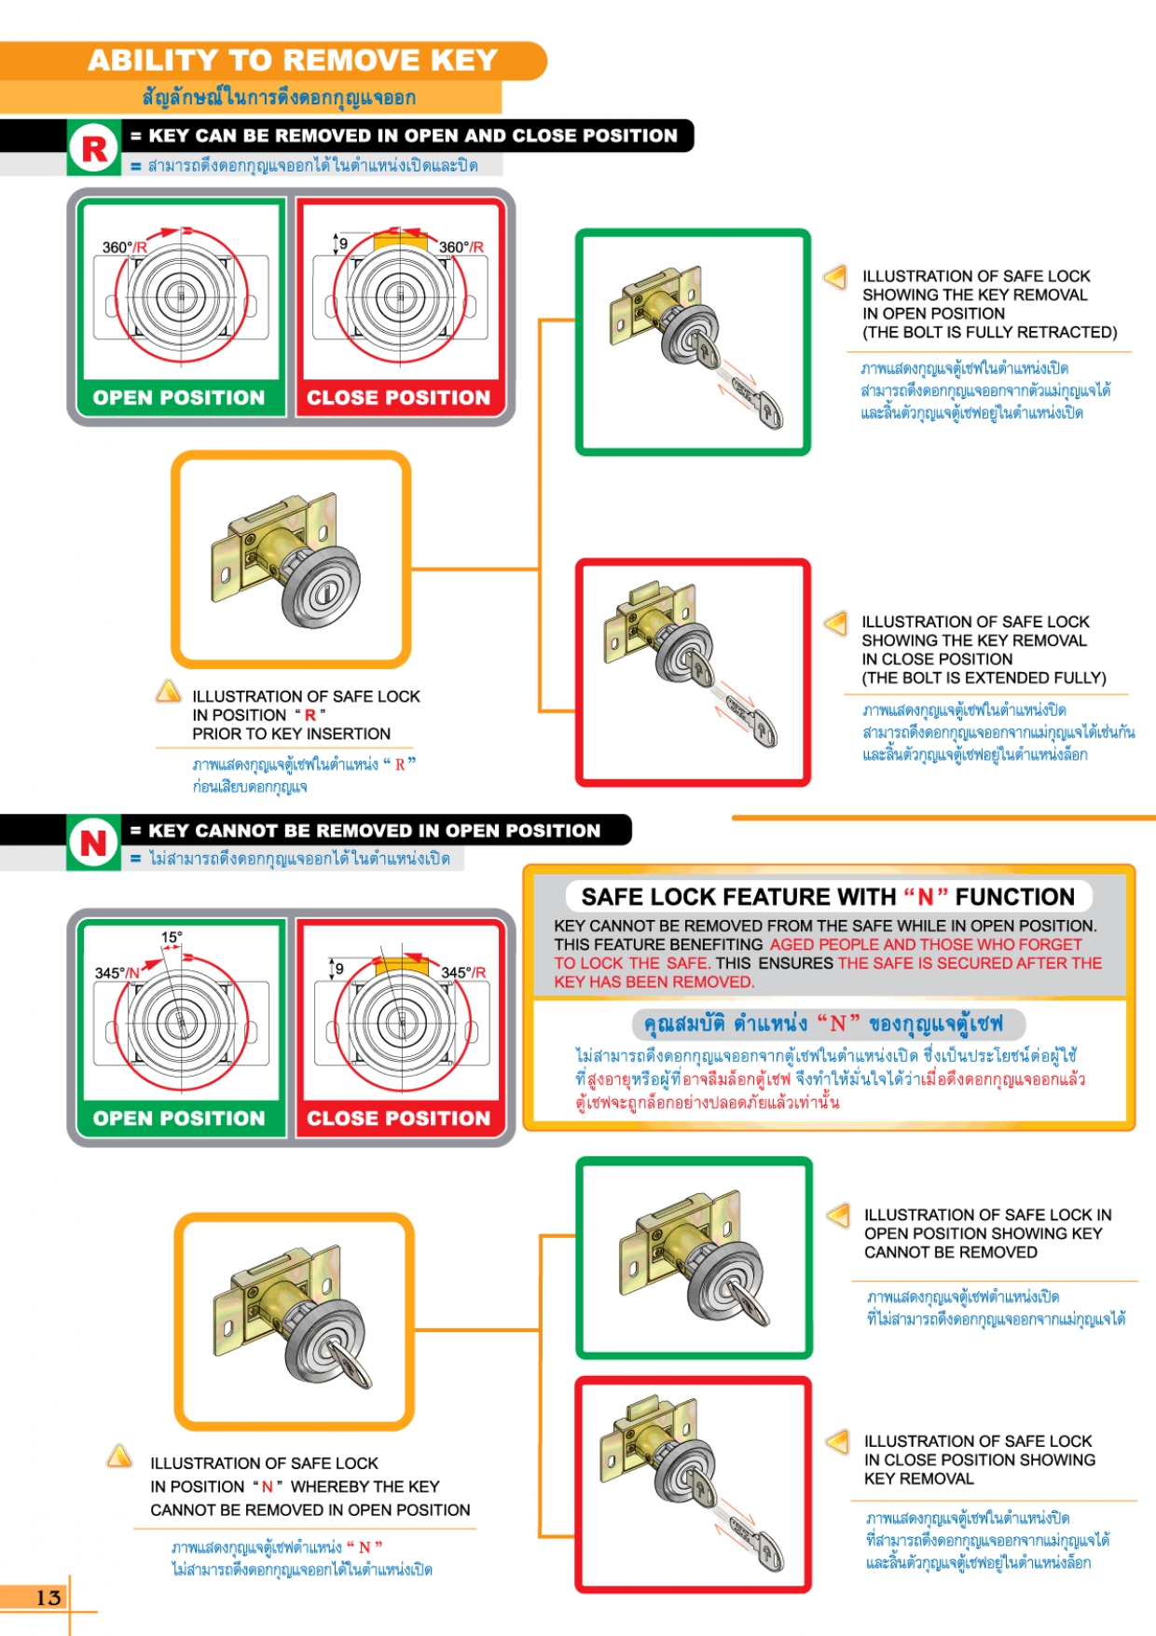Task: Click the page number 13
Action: (x=48, y=1597)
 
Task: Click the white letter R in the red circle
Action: (x=94, y=149)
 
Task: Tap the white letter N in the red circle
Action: (x=93, y=844)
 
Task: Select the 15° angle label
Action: (x=172, y=937)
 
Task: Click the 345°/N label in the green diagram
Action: (x=117, y=973)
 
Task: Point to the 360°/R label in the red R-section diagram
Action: (x=461, y=247)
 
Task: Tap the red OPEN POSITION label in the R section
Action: (x=179, y=398)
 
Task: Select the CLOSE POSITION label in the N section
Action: (x=399, y=1118)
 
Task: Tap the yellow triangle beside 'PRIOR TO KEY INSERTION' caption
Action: (x=168, y=691)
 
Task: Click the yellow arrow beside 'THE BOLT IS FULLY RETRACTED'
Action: (x=835, y=276)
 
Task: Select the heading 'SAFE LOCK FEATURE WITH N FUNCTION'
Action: (x=828, y=897)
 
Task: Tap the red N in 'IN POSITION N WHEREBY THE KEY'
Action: (x=268, y=1487)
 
